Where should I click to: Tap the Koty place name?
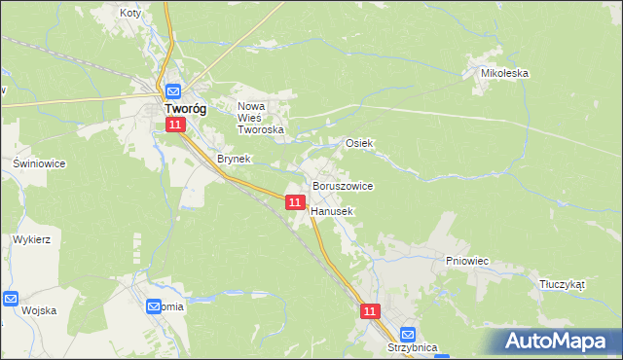130,14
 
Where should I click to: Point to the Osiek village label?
360,143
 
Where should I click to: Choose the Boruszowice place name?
342,185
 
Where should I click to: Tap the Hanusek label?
332,210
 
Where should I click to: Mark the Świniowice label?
39,163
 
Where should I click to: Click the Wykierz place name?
31,238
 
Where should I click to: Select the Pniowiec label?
466,261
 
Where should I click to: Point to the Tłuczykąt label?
562,284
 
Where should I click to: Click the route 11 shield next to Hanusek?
295,201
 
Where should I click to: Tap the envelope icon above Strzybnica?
409,332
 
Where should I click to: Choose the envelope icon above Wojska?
11,299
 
